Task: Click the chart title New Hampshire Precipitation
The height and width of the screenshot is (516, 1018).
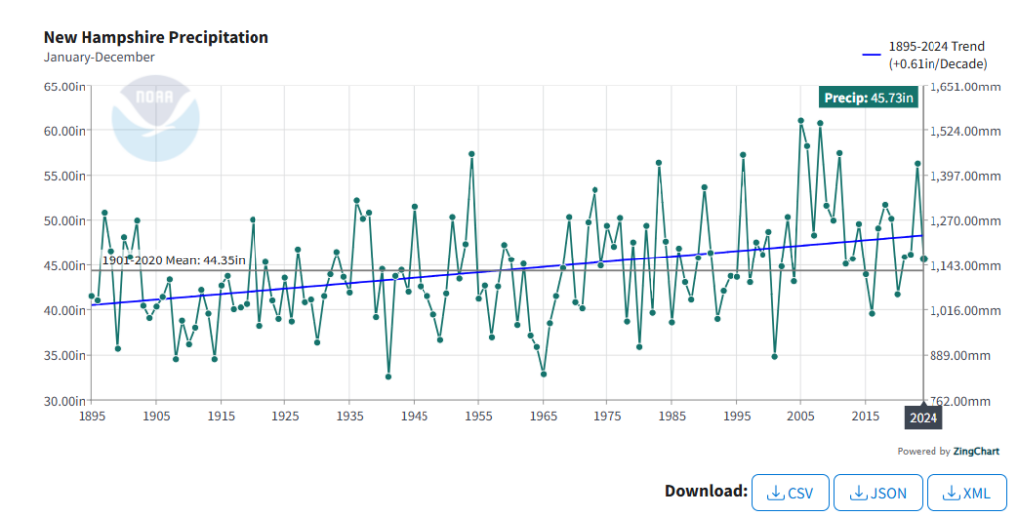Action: click(x=156, y=37)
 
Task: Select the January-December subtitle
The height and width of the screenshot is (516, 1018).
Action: click(x=99, y=57)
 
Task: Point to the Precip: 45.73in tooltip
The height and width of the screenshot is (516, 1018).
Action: click(x=868, y=97)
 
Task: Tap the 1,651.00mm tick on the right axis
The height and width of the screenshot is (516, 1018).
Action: click(x=966, y=86)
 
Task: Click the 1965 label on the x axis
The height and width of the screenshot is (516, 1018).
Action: click(x=543, y=415)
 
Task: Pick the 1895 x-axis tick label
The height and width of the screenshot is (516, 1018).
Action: click(x=92, y=415)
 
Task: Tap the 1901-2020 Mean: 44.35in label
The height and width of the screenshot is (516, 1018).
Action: click(x=174, y=260)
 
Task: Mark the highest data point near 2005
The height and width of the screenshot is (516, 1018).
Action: click(x=800, y=120)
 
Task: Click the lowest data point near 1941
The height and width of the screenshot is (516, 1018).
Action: click(x=388, y=377)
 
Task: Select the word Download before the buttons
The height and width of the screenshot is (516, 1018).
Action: click(x=706, y=491)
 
